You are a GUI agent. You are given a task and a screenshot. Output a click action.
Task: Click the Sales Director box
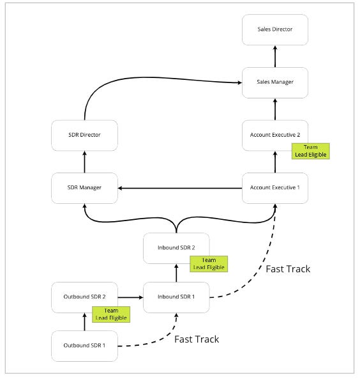pos(275,30)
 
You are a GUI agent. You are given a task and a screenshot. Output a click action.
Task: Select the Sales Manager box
pos(275,82)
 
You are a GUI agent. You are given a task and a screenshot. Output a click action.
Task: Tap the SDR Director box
pos(84,135)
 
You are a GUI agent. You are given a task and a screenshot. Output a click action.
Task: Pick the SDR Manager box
pos(84,188)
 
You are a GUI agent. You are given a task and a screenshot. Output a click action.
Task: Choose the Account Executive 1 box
pos(275,188)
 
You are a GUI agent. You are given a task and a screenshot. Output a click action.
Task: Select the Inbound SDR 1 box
pos(176,297)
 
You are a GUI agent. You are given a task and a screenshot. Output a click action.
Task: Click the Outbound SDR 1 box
pos(84,346)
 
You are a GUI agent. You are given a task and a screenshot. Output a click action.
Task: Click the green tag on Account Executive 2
pos(311,150)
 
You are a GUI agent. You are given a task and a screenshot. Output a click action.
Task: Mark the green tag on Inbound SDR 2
pos(209,263)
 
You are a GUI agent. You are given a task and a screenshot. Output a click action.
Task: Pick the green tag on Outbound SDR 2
pos(112,314)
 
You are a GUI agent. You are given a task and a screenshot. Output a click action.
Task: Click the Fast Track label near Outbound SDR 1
pos(197,339)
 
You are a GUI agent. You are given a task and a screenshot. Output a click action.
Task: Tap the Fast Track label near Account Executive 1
pos(288,269)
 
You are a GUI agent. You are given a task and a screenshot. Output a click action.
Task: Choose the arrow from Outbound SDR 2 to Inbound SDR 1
pos(130,297)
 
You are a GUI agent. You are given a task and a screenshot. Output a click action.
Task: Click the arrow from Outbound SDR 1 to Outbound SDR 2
pos(84,321)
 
